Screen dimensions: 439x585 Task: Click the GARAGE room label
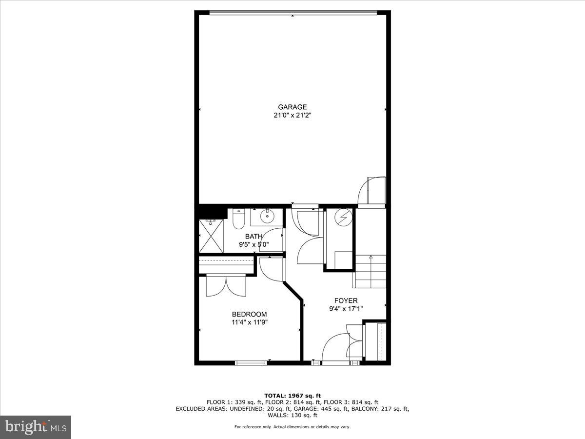point(292,107)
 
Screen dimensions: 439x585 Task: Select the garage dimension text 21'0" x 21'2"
point(292,116)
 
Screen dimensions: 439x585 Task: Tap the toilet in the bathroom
point(238,220)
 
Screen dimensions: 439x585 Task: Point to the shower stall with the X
point(211,236)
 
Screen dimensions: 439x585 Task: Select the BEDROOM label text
point(249,314)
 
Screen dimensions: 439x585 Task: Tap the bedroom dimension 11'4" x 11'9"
point(250,322)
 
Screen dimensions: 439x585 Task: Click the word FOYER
point(346,300)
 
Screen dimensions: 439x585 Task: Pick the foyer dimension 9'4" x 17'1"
point(346,308)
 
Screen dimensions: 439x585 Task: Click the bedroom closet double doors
point(226,286)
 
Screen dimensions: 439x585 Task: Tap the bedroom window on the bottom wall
point(251,362)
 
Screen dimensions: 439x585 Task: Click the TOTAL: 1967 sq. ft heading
point(292,396)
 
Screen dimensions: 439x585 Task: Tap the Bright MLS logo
point(35,427)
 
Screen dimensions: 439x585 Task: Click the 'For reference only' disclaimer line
point(292,427)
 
